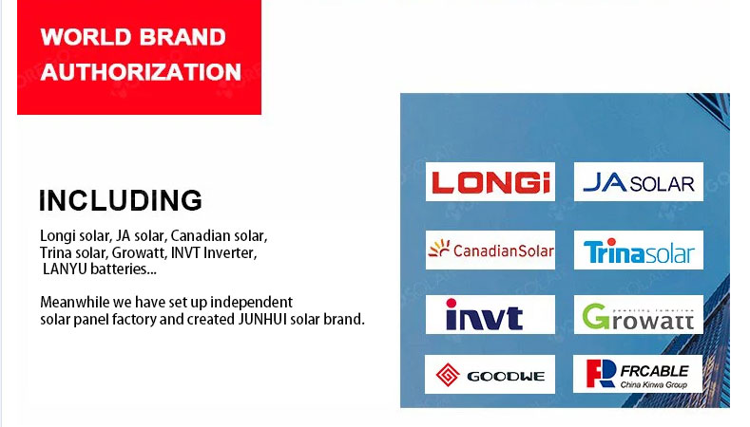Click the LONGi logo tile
pyautogui.click(x=490, y=181)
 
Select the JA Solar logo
pyautogui.click(x=639, y=181)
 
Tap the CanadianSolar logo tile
pyautogui.click(x=490, y=250)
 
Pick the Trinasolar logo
pyautogui.click(x=639, y=250)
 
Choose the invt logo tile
pyautogui.click(x=490, y=314)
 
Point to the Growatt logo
pyautogui.click(x=639, y=314)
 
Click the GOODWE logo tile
pyautogui.click(x=490, y=374)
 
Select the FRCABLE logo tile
pyautogui.click(x=638, y=374)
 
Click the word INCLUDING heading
pyautogui.click(x=121, y=200)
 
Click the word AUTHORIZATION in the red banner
pyautogui.click(x=141, y=72)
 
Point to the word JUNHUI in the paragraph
pyautogui.click(x=262, y=319)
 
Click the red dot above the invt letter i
pyautogui.click(x=452, y=303)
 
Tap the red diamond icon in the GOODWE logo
pyautogui.click(x=448, y=375)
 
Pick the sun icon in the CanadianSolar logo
pyautogui.click(x=439, y=249)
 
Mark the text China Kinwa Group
pyautogui.click(x=653, y=384)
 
